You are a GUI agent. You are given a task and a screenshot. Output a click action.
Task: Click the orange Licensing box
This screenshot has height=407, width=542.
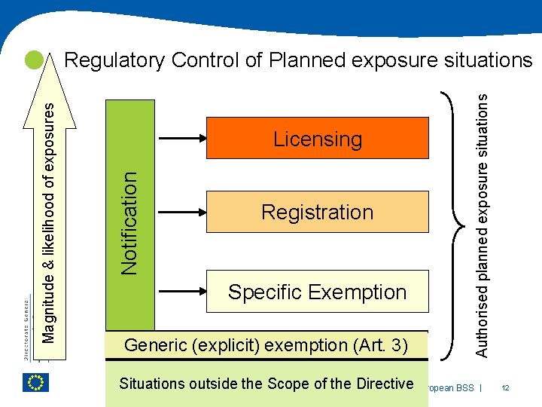pyautogui.click(x=317, y=139)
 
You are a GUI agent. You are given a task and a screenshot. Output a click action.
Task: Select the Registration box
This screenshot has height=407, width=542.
pyautogui.click(x=317, y=212)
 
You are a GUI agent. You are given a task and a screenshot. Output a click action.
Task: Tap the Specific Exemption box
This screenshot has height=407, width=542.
pyautogui.click(x=317, y=292)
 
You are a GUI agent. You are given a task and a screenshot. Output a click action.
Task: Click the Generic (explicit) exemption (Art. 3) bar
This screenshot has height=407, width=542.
pyautogui.click(x=266, y=345)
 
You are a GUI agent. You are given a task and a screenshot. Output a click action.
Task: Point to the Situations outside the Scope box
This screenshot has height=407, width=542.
pyautogui.click(x=266, y=384)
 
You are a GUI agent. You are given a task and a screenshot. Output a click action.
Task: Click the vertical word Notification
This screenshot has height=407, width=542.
pyautogui.click(x=129, y=223)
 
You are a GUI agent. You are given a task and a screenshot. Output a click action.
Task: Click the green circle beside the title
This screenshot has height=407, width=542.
pyautogui.click(x=33, y=60)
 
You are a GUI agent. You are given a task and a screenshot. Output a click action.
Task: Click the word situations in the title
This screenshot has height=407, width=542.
pyautogui.click(x=487, y=60)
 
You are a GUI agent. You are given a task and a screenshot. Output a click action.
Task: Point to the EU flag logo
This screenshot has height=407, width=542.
pyautogui.click(x=35, y=382)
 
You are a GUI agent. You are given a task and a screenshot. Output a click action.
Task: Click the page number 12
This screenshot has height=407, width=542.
pyautogui.click(x=505, y=387)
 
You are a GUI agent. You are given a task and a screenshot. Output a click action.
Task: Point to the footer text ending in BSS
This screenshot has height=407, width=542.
pyautogui.click(x=449, y=387)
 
